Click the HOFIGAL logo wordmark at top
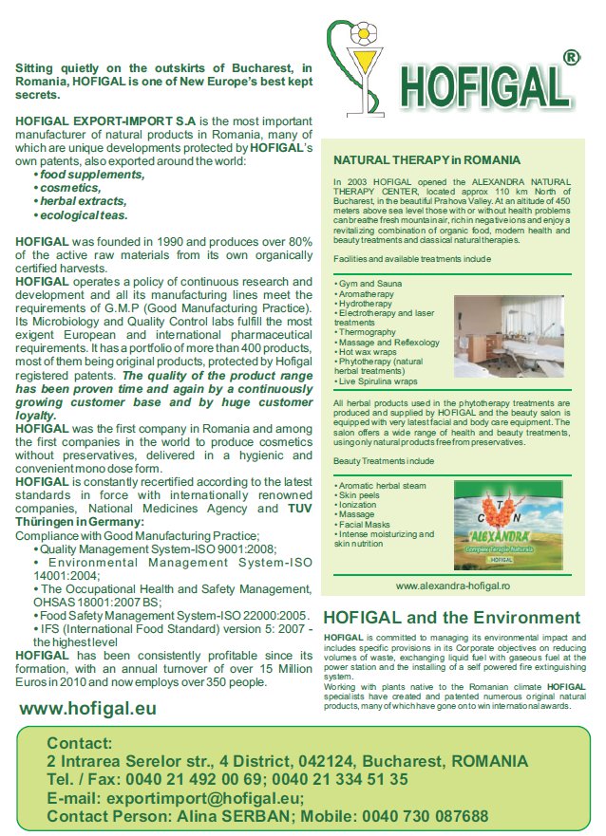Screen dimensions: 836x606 pos(487,86)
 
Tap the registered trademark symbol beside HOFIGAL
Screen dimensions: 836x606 pos(572,58)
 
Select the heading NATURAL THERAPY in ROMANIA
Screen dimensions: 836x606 pos(426,160)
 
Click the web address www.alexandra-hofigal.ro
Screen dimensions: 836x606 pos(452,586)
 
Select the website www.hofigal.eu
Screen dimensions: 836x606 pos(88,708)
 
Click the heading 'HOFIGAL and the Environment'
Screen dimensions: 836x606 pos(451,618)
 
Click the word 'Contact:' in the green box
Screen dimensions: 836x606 pos(80,743)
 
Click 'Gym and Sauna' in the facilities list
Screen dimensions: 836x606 pos(370,284)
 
